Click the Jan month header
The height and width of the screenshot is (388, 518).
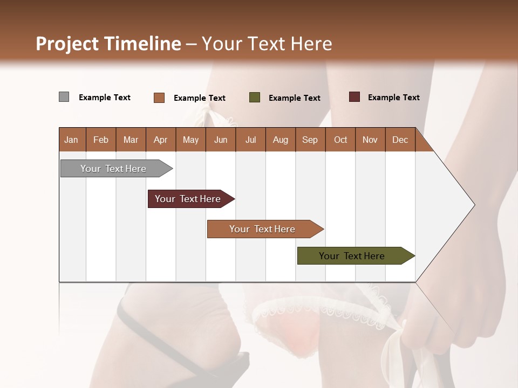click(71, 140)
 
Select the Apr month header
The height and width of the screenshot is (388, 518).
click(161, 140)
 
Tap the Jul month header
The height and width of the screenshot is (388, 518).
click(250, 140)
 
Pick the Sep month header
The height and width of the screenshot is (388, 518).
click(310, 140)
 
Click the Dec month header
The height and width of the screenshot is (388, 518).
click(400, 140)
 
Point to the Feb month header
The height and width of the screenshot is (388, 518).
click(101, 140)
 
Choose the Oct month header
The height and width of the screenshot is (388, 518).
click(340, 140)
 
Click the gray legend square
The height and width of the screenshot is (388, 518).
click(64, 97)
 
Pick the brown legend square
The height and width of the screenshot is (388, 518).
click(159, 98)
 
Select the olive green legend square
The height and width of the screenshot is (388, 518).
click(255, 98)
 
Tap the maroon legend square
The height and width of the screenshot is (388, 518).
click(354, 97)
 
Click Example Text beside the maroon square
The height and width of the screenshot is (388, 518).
click(393, 98)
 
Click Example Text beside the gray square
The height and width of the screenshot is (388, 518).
click(105, 98)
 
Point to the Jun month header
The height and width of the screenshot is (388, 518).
click(221, 140)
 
